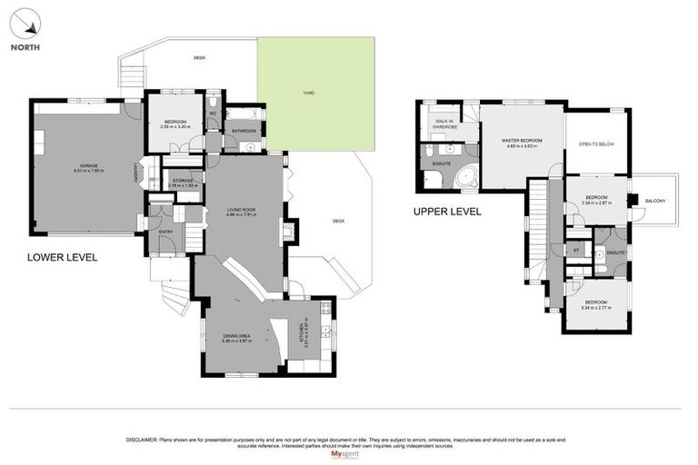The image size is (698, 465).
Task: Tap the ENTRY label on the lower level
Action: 165,232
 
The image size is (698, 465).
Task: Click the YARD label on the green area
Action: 309,93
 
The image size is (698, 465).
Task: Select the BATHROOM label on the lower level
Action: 244,131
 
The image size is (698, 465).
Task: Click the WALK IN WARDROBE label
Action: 445,124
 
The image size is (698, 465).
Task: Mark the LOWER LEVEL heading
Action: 62,258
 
